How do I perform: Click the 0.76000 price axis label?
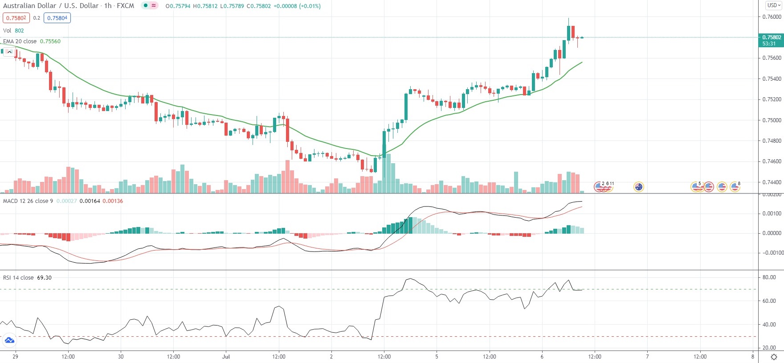[x=772, y=17]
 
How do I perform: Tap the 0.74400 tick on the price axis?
[x=772, y=182]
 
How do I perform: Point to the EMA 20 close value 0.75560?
[x=50, y=41]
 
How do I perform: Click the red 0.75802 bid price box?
[x=16, y=18]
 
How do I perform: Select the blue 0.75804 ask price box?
[x=57, y=18]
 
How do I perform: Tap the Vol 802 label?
[x=13, y=30]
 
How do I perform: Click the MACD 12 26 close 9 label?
[x=28, y=201]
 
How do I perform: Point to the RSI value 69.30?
[x=44, y=277]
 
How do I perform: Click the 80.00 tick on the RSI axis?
[x=769, y=277]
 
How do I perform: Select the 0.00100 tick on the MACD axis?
[x=772, y=214]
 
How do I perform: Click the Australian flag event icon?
[x=639, y=187]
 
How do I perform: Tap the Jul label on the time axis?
[x=226, y=356]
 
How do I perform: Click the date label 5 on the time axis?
[x=437, y=356]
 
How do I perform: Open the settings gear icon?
[x=774, y=357]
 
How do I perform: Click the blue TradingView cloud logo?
[x=9, y=341]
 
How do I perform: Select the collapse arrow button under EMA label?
[x=9, y=52]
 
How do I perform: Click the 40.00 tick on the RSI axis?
[x=769, y=324]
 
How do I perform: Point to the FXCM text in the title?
[x=125, y=6]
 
